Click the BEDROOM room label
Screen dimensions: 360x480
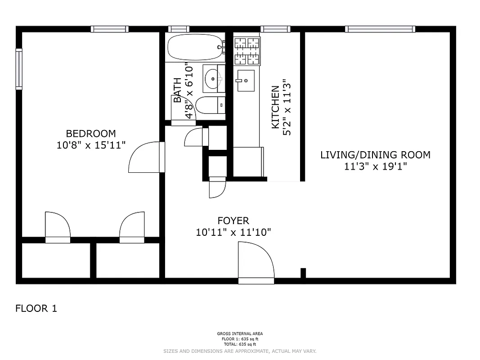(90, 134)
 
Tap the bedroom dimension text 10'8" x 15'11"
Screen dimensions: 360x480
(90, 145)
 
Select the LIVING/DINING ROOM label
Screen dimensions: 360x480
(375, 155)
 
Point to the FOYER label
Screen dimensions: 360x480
(233, 220)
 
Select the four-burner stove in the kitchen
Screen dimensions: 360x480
(247, 50)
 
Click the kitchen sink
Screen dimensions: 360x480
(246, 81)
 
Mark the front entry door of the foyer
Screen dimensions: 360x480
(256, 263)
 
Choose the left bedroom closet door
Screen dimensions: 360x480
(58, 228)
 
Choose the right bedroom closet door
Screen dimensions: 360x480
(132, 228)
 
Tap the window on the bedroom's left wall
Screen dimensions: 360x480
(19, 69)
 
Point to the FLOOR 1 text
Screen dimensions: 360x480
(36, 309)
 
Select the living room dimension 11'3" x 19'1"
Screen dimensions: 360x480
(375, 166)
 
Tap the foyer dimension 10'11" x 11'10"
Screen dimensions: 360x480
(233, 233)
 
